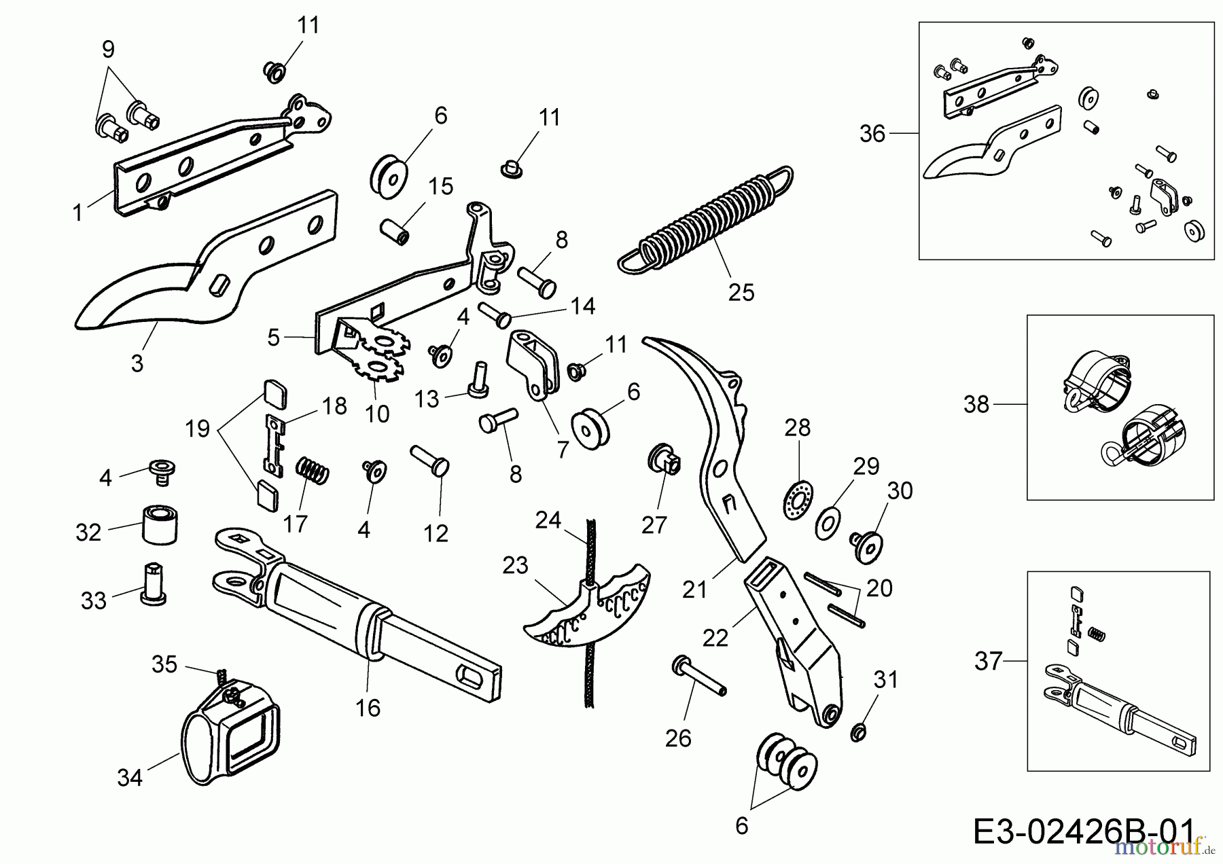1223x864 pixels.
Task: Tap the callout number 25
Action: (741, 292)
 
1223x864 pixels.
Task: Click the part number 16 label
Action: (368, 708)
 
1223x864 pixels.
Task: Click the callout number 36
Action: (872, 134)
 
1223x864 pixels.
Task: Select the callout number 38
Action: (976, 405)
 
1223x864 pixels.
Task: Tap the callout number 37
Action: (989, 660)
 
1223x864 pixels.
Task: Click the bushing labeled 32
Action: (160, 524)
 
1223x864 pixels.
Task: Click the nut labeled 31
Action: (859, 732)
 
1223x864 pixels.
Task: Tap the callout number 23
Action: (515, 565)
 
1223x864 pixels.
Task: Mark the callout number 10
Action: (377, 414)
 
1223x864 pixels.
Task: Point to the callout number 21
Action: (695, 590)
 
